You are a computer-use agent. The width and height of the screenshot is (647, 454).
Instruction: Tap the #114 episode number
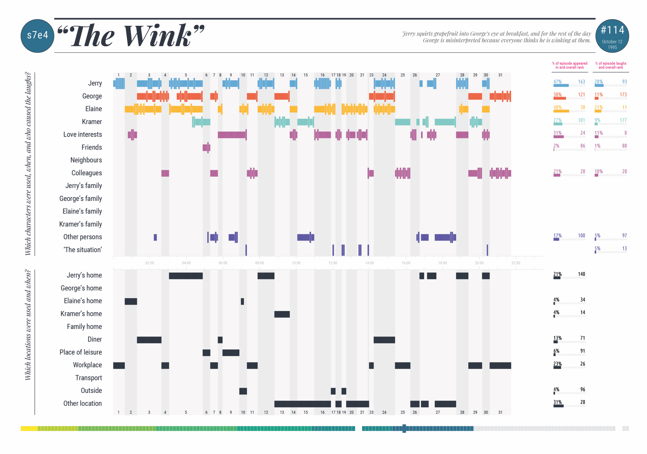(x=612, y=30)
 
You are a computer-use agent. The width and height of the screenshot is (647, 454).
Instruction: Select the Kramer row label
(x=91, y=122)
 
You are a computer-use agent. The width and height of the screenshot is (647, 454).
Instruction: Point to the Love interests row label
(x=82, y=134)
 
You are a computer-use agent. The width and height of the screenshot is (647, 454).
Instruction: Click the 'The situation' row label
(x=82, y=250)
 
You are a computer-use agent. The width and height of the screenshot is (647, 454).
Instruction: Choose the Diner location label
(x=95, y=339)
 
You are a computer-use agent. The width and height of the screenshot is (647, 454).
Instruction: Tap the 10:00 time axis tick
(x=296, y=263)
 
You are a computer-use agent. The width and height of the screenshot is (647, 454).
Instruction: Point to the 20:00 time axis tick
(x=479, y=263)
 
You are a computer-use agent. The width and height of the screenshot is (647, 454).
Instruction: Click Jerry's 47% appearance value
(x=557, y=82)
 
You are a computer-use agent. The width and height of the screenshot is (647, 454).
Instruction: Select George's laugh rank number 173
(x=623, y=95)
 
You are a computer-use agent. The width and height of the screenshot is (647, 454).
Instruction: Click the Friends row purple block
(x=206, y=147)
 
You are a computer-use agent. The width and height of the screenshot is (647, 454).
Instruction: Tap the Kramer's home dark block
(x=282, y=314)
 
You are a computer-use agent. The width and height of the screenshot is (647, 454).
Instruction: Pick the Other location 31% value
(x=557, y=402)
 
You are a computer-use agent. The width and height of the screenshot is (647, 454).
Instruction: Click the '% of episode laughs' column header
(x=611, y=65)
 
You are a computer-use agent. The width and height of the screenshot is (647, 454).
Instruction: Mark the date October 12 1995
(x=612, y=44)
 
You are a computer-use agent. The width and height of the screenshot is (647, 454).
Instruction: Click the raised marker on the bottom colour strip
(x=404, y=428)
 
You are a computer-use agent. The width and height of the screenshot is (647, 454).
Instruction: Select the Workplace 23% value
(x=557, y=364)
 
